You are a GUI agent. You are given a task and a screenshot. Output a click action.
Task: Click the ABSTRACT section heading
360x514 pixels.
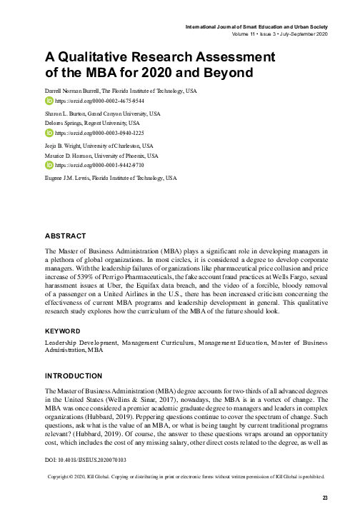(66, 236)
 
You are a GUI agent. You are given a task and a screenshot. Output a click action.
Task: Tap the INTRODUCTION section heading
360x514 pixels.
(74, 376)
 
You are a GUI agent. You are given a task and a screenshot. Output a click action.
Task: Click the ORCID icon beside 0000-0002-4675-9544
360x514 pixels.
(49, 102)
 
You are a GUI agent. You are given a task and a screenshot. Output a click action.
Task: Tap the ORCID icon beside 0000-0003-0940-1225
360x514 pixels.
(49, 133)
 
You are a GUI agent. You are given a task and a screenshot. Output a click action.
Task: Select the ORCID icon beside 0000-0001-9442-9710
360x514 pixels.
(49, 164)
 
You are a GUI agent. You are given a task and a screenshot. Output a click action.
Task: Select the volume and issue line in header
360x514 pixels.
(279, 34)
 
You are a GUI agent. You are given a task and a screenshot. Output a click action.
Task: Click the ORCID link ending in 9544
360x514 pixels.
(87, 102)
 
